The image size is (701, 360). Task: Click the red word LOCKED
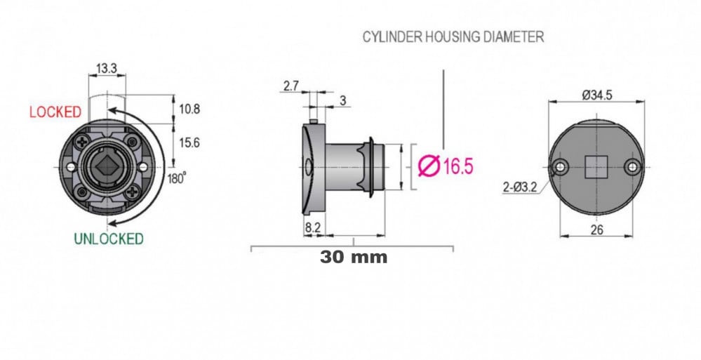point(55,112)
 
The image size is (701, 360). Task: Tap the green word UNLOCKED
point(109,239)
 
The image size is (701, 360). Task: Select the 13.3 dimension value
point(107,69)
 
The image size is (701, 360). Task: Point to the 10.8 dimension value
point(189,109)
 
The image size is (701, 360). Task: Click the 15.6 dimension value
point(189,143)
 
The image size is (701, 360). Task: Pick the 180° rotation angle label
point(177,178)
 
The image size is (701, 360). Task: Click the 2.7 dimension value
point(291,86)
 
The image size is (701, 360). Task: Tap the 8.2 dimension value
point(313,228)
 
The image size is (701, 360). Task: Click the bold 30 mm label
point(354,257)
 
